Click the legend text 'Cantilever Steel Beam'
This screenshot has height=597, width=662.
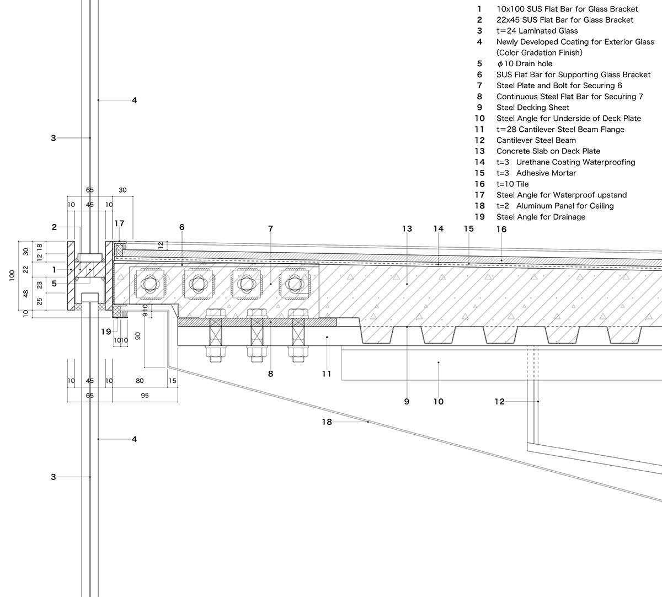(x=536, y=140)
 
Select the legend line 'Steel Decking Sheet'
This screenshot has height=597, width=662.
(x=532, y=108)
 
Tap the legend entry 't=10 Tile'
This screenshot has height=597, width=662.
(x=512, y=184)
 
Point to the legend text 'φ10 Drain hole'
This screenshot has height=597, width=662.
(x=524, y=63)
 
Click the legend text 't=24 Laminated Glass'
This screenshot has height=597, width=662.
(x=537, y=31)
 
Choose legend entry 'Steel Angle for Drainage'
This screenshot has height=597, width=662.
(x=541, y=217)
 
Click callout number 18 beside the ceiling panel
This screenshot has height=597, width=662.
(x=327, y=422)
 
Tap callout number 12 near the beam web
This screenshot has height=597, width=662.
(x=499, y=402)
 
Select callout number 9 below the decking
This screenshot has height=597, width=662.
(x=407, y=402)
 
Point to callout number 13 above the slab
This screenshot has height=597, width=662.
(x=407, y=228)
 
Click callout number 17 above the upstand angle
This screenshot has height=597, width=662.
(x=120, y=223)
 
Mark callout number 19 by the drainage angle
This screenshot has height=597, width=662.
(x=106, y=332)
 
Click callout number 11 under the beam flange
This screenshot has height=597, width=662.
(x=327, y=374)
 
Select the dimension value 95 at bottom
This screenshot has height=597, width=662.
(x=145, y=396)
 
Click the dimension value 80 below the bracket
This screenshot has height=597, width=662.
(x=140, y=381)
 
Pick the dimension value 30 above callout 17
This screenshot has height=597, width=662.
(x=122, y=190)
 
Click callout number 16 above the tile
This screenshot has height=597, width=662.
(x=501, y=229)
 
